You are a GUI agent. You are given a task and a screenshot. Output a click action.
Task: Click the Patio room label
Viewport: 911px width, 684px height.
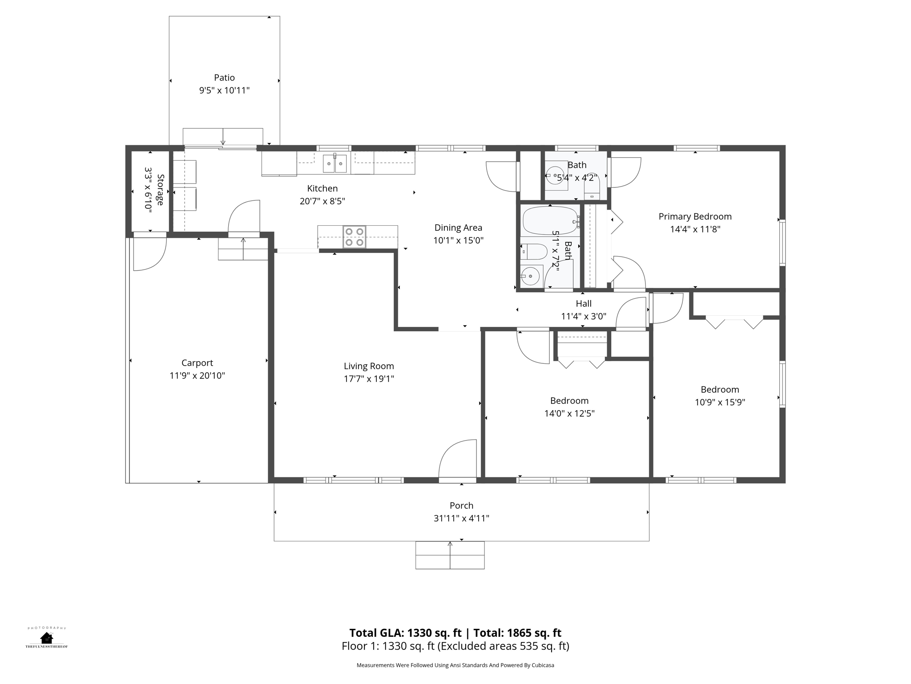tap(224, 77)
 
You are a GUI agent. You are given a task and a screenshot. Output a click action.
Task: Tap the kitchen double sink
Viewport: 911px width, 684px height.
tap(335, 163)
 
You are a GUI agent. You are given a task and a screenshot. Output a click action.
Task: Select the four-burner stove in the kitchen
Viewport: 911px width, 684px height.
tap(354, 237)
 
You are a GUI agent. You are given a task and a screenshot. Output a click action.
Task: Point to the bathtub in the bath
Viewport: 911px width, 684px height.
tap(551, 221)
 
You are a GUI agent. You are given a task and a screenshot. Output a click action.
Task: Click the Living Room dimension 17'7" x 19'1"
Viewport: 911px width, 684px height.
tap(369, 379)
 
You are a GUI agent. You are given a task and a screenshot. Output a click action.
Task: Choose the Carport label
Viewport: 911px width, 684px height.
tap(197, 363)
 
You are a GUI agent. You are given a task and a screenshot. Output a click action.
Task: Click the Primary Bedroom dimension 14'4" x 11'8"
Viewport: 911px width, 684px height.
tap(695, 229)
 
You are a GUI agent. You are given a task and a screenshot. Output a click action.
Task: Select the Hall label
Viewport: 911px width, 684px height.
tap(584, 304)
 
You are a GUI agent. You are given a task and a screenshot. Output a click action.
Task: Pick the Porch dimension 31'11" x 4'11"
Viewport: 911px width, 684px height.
tap(461, 518)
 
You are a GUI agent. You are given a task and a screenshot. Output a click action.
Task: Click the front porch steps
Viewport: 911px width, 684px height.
tap(450, 555)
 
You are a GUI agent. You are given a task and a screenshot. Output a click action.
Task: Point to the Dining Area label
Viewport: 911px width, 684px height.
tap(458, 228)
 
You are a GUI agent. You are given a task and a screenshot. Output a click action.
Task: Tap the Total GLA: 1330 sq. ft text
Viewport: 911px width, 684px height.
tap(405, 633)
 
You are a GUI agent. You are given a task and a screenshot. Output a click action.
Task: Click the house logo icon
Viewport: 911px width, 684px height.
tap(46, 638)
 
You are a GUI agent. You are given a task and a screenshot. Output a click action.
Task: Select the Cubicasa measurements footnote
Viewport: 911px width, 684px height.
tap(455, 665)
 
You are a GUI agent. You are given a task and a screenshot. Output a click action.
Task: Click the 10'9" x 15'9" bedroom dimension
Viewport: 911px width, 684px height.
tap(720, 402)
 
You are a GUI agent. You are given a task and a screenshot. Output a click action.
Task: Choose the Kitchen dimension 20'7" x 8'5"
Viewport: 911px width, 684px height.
tap(322, 201)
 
